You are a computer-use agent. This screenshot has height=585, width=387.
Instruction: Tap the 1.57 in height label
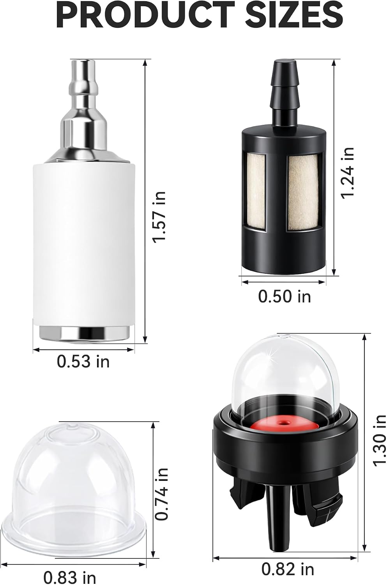click(x=159, y=217)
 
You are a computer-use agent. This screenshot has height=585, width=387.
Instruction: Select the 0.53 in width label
click(x=83, y=362)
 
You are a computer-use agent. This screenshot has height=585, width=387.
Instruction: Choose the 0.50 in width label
click(x=285, y=296)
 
